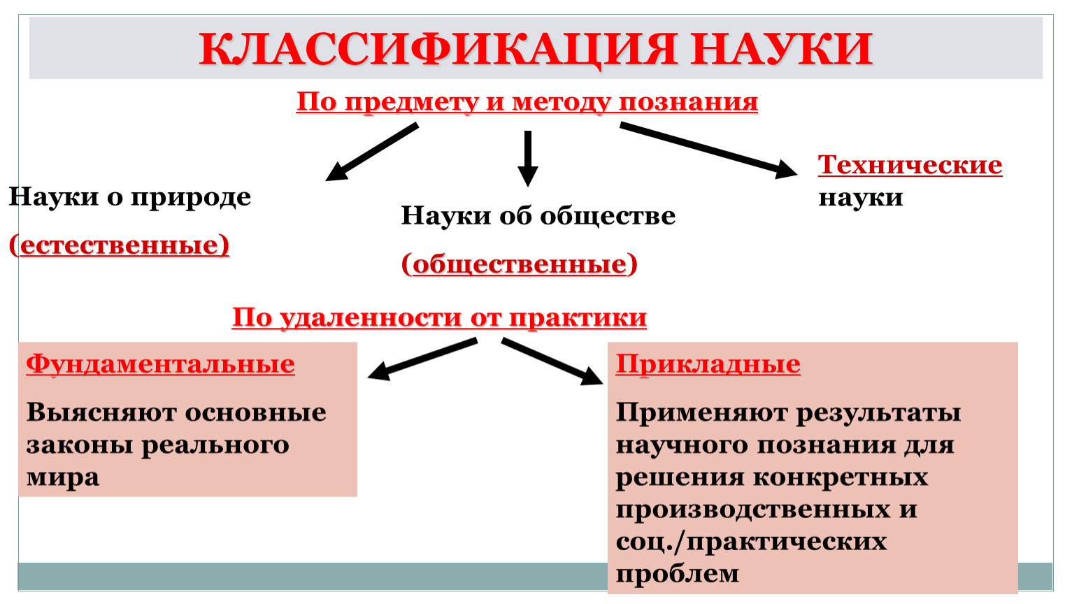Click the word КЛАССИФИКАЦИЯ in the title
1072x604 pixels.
438,49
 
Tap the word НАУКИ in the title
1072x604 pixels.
782,48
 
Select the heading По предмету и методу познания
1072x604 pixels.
527,102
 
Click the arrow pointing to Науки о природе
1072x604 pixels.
372,152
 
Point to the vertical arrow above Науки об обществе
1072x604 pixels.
528,159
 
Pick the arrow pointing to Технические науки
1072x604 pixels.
709,150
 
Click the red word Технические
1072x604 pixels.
910,165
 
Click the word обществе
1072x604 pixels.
608,215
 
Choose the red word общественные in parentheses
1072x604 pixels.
520,264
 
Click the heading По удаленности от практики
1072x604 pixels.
439,317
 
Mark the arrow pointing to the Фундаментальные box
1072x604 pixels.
422,359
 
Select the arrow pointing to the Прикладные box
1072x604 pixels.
552,361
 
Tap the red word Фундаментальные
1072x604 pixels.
160,364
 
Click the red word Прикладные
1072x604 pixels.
708,364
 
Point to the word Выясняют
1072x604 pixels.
101,412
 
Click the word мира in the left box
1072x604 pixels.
63,477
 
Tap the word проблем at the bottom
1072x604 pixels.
677,574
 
